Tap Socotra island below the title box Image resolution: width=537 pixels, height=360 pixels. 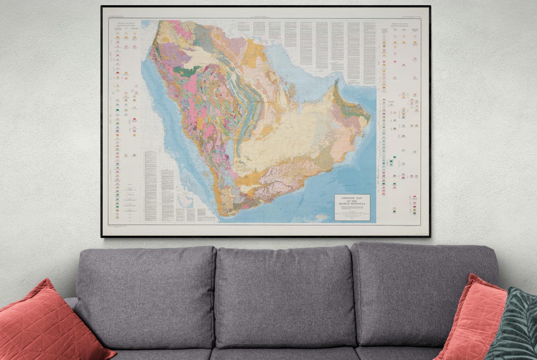[322, 216]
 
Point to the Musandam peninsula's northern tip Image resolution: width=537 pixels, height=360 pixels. [336, 83]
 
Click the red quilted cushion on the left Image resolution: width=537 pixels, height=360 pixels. [47, 323]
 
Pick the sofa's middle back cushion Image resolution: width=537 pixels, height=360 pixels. [284, 293]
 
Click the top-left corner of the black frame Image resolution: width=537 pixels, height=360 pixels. [102, 6]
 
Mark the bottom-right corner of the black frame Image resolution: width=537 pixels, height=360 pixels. [430, 236]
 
